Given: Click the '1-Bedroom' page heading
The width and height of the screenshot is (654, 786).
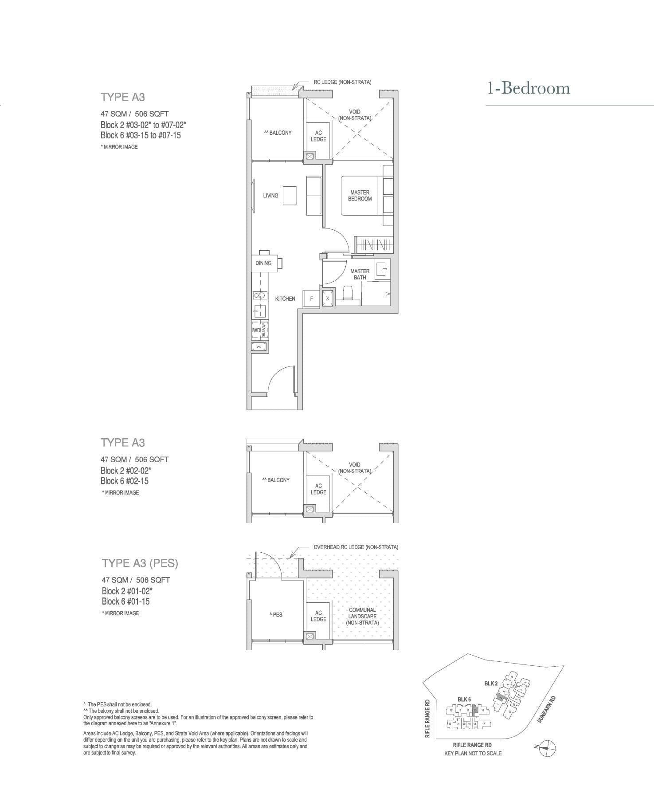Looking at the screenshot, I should click(529, 88).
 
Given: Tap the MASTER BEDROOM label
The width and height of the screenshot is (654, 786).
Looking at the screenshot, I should click(360, 196).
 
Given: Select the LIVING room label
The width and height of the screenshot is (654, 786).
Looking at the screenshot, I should click(270, 196).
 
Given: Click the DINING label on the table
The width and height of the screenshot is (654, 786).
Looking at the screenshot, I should click(263, 263).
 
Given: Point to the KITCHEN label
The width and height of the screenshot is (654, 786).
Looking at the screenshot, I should click(285, 299).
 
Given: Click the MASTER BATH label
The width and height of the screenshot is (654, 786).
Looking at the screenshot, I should click(360, 274).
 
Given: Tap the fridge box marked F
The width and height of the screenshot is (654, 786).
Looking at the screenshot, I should click(311, 299).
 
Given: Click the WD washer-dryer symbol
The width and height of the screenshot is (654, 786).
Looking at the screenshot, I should click(256, 330).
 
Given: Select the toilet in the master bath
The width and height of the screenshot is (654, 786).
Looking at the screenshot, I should click(348, 294).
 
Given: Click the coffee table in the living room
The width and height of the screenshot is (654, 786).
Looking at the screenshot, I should click(290, 196).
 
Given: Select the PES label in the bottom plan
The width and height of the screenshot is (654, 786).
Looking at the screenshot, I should click(276, 614).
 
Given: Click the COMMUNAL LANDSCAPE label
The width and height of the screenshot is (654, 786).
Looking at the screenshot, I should click(362, 616).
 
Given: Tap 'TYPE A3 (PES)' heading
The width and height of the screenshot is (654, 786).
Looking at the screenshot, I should click(140, 563).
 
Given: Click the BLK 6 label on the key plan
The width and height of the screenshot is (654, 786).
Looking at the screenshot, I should click(464, 700).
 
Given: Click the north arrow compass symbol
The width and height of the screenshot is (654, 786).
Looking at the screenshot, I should click(548, 748).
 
